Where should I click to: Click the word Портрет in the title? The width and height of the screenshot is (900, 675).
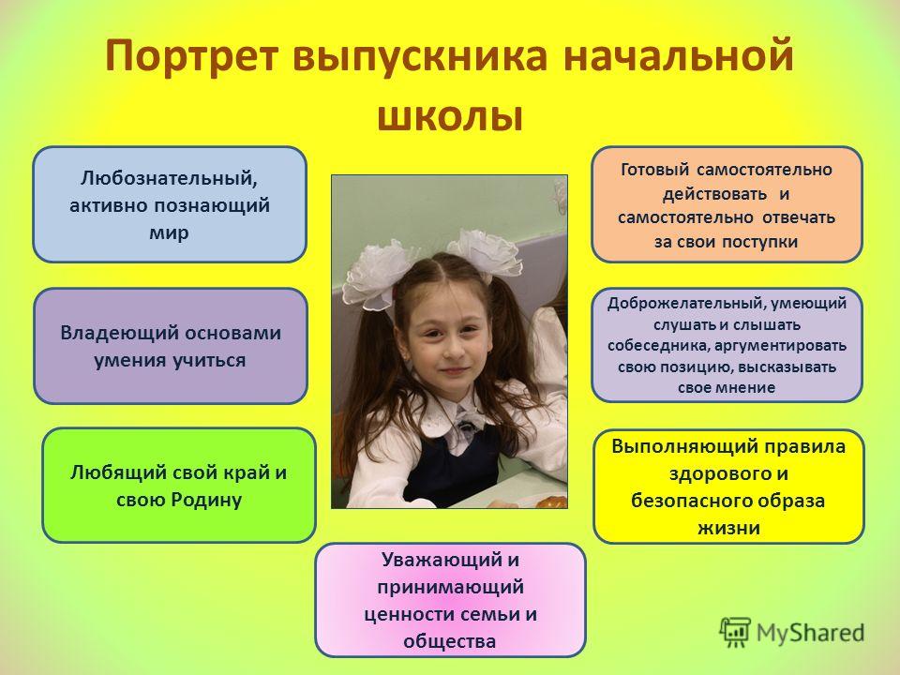coord(191,56)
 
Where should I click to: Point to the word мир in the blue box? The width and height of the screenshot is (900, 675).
coord(169,232)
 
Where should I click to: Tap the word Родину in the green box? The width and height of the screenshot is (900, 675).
coord(208,500)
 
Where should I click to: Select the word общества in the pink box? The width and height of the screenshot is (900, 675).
coord(449,640)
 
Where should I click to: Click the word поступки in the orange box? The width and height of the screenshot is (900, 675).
coord(759,242)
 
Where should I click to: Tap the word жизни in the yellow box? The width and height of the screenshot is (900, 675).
coord(728,528)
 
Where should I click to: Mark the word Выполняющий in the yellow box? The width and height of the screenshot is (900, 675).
coord(671,447)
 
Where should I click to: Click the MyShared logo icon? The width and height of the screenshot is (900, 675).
coord(735,633)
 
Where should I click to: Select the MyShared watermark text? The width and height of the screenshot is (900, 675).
coord(810,633)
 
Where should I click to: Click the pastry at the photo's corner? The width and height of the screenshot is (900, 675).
coord(551,502)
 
